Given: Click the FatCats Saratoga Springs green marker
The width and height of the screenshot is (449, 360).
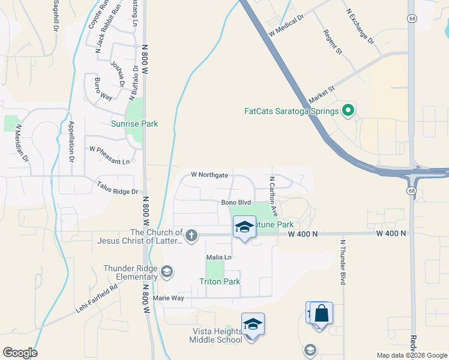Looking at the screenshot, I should click(x=347, y=110).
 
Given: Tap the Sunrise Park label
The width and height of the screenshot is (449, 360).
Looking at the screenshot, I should click(x=134, y=124).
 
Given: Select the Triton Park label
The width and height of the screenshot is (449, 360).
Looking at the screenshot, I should click(x=220, y=281).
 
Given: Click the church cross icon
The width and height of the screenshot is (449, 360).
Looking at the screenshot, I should click(x=191, y=235).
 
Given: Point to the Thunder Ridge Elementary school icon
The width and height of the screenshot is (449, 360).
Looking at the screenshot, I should click(x=167, y=273).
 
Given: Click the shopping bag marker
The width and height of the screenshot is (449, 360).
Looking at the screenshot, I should click(x=321, y=314).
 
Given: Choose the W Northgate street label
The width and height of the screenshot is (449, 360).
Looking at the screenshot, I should click(x=209, y=175).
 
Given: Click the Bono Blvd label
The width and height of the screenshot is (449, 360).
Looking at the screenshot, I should click(x=236, y=203).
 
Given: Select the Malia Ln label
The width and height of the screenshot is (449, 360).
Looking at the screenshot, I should click(x=218, y=257).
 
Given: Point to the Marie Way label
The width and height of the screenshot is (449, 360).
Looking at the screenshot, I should click(x=168, y=298).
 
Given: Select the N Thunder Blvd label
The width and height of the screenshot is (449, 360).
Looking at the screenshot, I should click(x=343, y=262).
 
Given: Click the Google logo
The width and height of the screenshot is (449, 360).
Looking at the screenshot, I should click(x=20, y=353).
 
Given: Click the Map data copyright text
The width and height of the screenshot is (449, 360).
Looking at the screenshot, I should click(x=411, y=355).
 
